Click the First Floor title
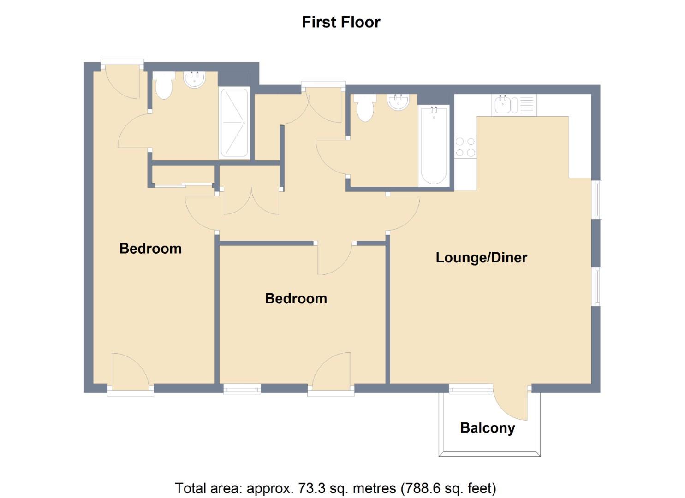pos(341,22)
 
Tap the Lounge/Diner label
pos(481,257)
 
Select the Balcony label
pos(488,428)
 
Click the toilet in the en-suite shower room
pos(164,85)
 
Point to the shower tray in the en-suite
pos(234,123)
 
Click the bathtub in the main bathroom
pos(434,146)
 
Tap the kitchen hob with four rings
pos(465,147)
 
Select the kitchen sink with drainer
pos(514,105)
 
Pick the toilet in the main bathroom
pos(365,108)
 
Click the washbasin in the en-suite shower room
pos(195,80)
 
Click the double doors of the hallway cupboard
pos(251,203)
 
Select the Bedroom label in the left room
pos(150,249)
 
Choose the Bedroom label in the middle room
pos(296,299)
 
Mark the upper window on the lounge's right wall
pos(596,200)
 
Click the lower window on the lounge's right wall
pos(596,286)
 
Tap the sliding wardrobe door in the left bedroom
pos(184,184)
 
